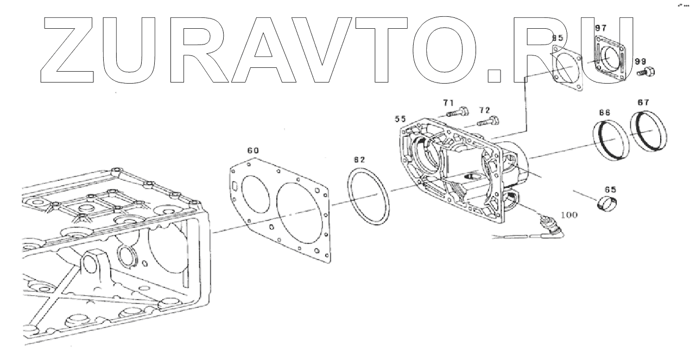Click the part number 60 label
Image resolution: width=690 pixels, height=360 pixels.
pyautogui.click(x=253, y=150)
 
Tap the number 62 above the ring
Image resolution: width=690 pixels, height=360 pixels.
pyautogui.click(x=359, y=160)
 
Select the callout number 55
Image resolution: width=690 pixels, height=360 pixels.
pyautogui.click(x=401, y=118)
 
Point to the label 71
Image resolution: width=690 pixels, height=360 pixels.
pyautogui.click(x=448, y=103)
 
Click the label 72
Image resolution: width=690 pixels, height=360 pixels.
pyautogui.click(x=484, y=110)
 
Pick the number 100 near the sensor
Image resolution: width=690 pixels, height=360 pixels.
pyautogui.click(x=568, y=214)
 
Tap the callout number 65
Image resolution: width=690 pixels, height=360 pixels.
pyautogui.click(x=610, y=190)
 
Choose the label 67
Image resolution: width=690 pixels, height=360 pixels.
pyautogui.click(x=643, y=102)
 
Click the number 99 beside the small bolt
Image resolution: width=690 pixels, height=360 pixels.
pyautogui.click(x=641, y=62)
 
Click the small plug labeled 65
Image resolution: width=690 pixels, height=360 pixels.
pyautogui.click(x=607, y=205)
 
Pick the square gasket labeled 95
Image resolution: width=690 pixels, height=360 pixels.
pyautogui.click(x=567, y=66)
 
